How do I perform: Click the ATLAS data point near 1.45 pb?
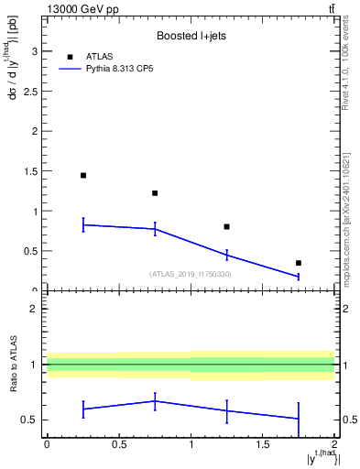coord(83,175)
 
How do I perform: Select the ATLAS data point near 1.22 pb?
coord(155,193)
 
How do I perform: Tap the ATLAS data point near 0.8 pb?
coord(226,226)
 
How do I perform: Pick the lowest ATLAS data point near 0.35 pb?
coord(298,263)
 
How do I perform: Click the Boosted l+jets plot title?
coord(191,36)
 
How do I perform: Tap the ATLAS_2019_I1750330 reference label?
coord(191,274)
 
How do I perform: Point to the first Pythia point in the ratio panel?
coord(83,409)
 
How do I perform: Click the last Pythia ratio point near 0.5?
coord(298,419)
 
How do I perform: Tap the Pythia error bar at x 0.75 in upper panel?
coord(155,229)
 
